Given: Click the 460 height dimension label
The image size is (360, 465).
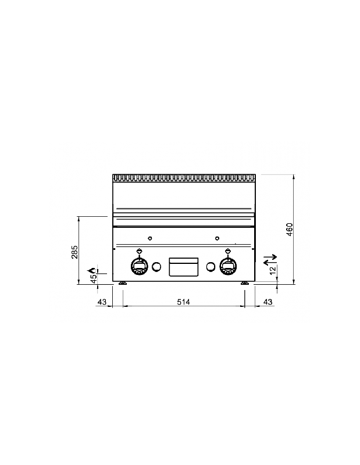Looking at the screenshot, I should pos(289,229).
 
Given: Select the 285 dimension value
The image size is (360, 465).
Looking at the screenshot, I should pos(74,252).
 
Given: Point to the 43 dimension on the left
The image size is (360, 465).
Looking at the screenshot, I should pos(102,302).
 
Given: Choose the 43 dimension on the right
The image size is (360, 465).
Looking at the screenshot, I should pos(268,302).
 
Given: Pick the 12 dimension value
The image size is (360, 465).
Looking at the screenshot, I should pos(272,270).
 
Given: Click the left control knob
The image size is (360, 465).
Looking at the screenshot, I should pos(140,266).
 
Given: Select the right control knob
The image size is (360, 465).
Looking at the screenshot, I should pos(227,266).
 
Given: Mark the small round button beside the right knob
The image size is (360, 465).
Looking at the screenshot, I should pos(211,267).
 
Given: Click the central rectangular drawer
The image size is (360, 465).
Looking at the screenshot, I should pos(183,267).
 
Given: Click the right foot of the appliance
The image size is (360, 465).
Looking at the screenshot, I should pos(244,284).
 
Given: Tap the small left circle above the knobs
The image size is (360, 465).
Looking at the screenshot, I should pos(149,238).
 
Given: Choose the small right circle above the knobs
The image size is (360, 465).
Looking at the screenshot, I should pos(217,238).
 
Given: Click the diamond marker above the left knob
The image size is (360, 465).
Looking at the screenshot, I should pos(140,251).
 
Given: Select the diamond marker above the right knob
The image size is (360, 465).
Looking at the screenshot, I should pos(227,251).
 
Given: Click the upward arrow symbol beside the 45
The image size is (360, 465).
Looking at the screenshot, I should pos(91,270).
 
